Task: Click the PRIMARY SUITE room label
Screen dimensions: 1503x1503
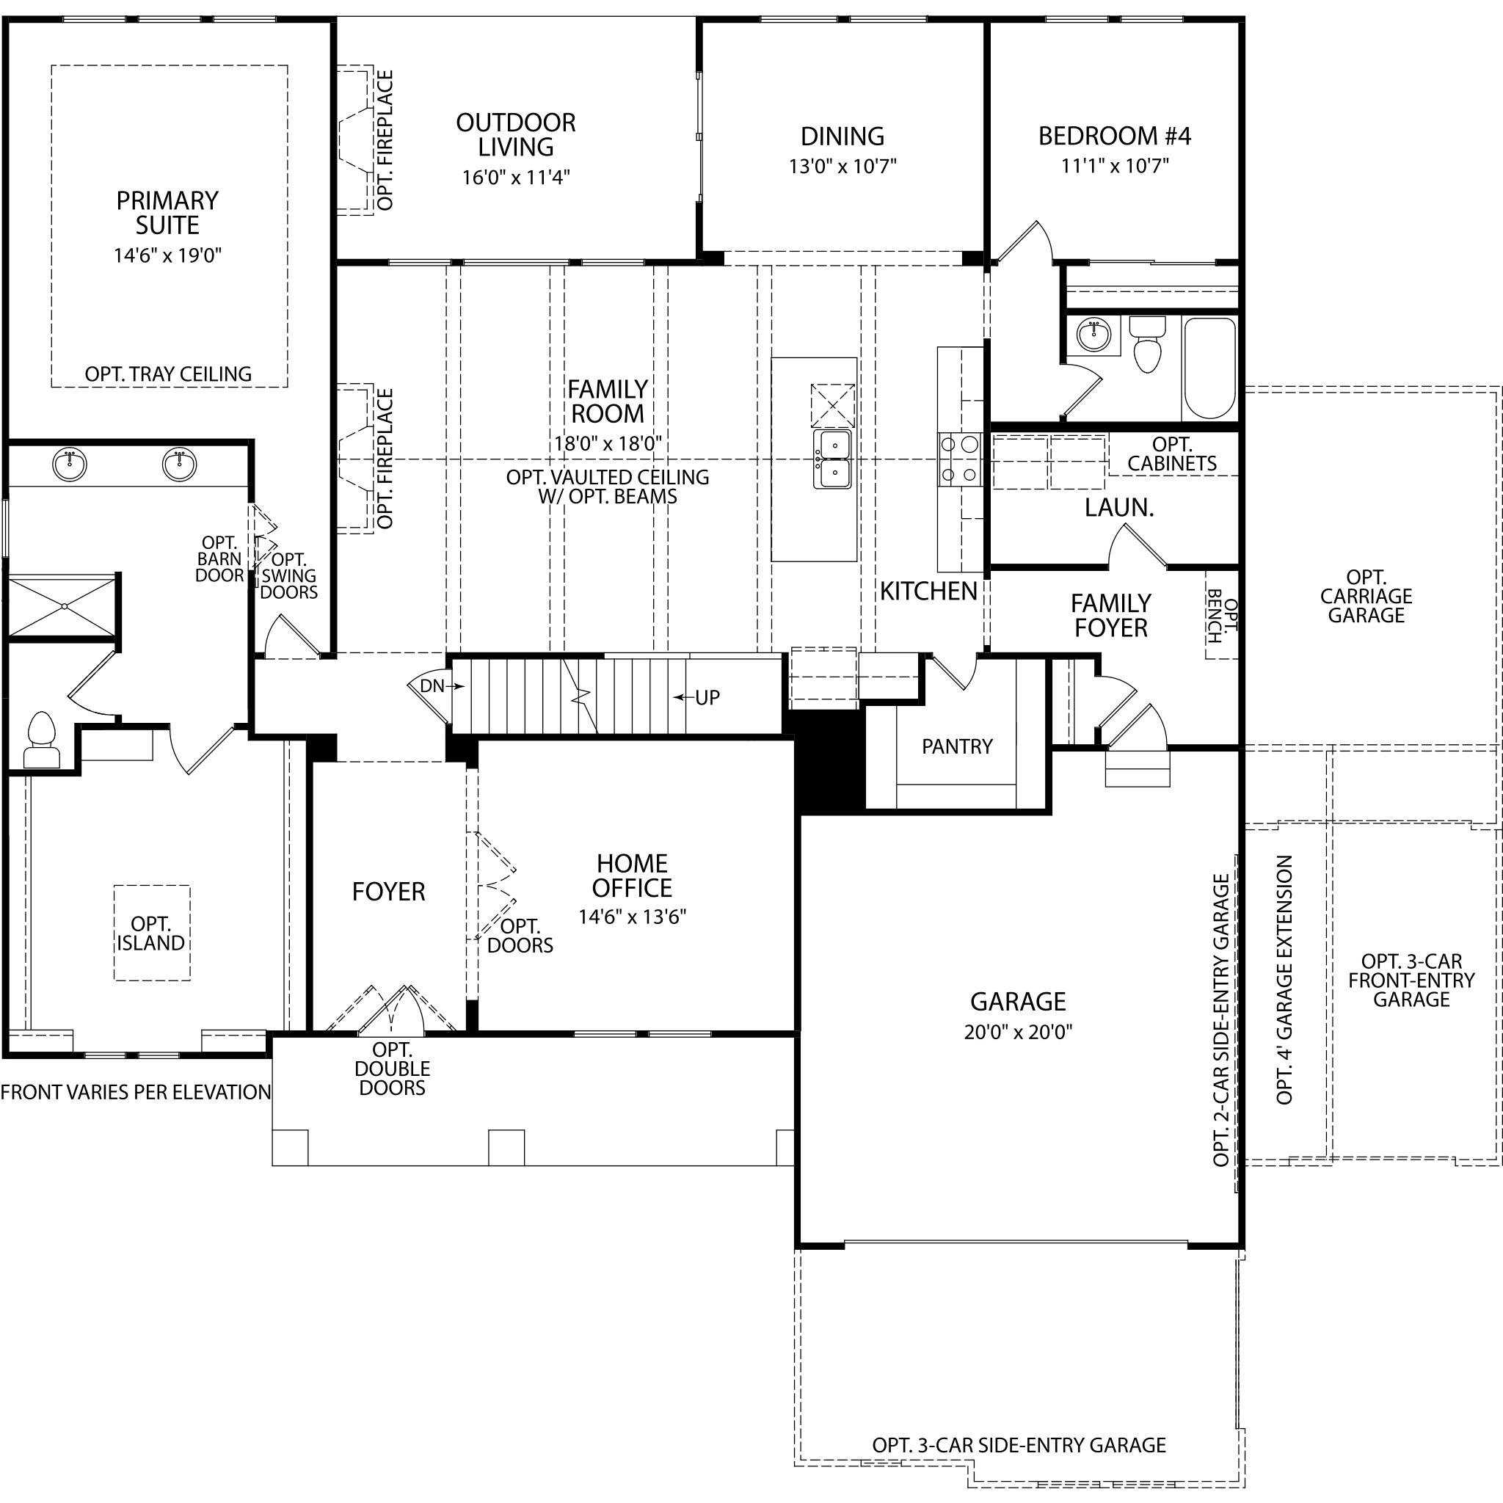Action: click(x=167, y=212)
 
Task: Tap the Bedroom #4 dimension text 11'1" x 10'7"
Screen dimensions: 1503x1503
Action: click(x=1115, y=166)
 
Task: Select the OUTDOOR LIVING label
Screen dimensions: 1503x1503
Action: click(x=516, y=134)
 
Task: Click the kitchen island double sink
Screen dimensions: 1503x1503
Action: click(x=832, y=459)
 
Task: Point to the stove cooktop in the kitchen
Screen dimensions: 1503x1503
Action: click(x=959, y=459)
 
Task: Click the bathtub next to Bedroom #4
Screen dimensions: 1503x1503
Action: click(x=1209, y=367)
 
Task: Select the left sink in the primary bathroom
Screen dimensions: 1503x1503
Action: click(x=70, y=465)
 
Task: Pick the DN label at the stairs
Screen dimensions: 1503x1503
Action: click(x=432, y=686)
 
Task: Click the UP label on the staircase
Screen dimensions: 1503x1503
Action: click(x=707, y=698)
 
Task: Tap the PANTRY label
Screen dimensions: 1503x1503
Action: click(x=957, y=747)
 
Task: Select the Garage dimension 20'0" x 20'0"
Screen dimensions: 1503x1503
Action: click(x=1019, y=1033)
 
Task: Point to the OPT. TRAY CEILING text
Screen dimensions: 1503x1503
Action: click(x=168, y=374)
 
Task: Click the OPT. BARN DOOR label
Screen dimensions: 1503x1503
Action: click(x=220, y=558)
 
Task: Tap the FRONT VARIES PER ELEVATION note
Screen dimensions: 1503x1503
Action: click(x=135, y=1092)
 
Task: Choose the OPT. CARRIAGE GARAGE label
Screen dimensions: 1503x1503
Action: click(x=1366, y=596)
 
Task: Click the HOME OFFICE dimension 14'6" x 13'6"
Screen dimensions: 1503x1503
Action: click(x=632, y=917)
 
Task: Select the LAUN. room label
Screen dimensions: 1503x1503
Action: click(x=1119, y=508)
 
